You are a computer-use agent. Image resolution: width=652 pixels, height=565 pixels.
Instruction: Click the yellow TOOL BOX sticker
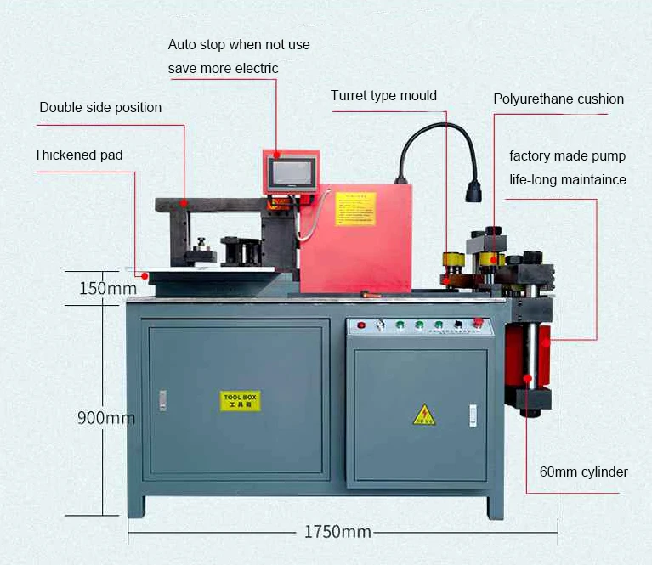point(240,401)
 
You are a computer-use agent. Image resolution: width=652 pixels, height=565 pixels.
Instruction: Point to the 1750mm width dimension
point(337,532)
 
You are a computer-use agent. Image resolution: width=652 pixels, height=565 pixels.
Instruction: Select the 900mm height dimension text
point(106,418)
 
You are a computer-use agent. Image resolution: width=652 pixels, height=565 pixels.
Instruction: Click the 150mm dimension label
point(108,288)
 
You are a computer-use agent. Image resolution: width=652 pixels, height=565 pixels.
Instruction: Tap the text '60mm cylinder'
point(583,472)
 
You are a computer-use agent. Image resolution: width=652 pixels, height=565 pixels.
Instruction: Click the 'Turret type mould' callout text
point(383,95)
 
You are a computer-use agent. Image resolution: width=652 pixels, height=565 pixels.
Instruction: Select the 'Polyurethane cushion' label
point(558,99)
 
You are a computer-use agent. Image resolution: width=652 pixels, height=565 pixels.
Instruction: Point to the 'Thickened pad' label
point(78,155)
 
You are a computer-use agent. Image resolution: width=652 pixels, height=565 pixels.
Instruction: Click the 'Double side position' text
point(100,107)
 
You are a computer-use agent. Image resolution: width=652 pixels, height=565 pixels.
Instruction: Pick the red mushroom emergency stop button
point(478,323)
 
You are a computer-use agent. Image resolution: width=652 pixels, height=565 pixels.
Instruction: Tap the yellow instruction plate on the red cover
point(355,208)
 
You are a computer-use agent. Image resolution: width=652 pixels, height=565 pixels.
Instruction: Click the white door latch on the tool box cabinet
point(162,400)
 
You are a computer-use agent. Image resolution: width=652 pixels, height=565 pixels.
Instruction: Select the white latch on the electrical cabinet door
point(473,415)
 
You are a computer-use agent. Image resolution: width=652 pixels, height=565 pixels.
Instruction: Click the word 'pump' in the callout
point(609,156)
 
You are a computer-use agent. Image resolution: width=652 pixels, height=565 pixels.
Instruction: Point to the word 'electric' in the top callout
point(254,68)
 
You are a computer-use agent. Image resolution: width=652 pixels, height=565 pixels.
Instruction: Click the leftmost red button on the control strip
point(361,325)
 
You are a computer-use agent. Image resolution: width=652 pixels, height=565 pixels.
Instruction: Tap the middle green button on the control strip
point(418,325)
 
